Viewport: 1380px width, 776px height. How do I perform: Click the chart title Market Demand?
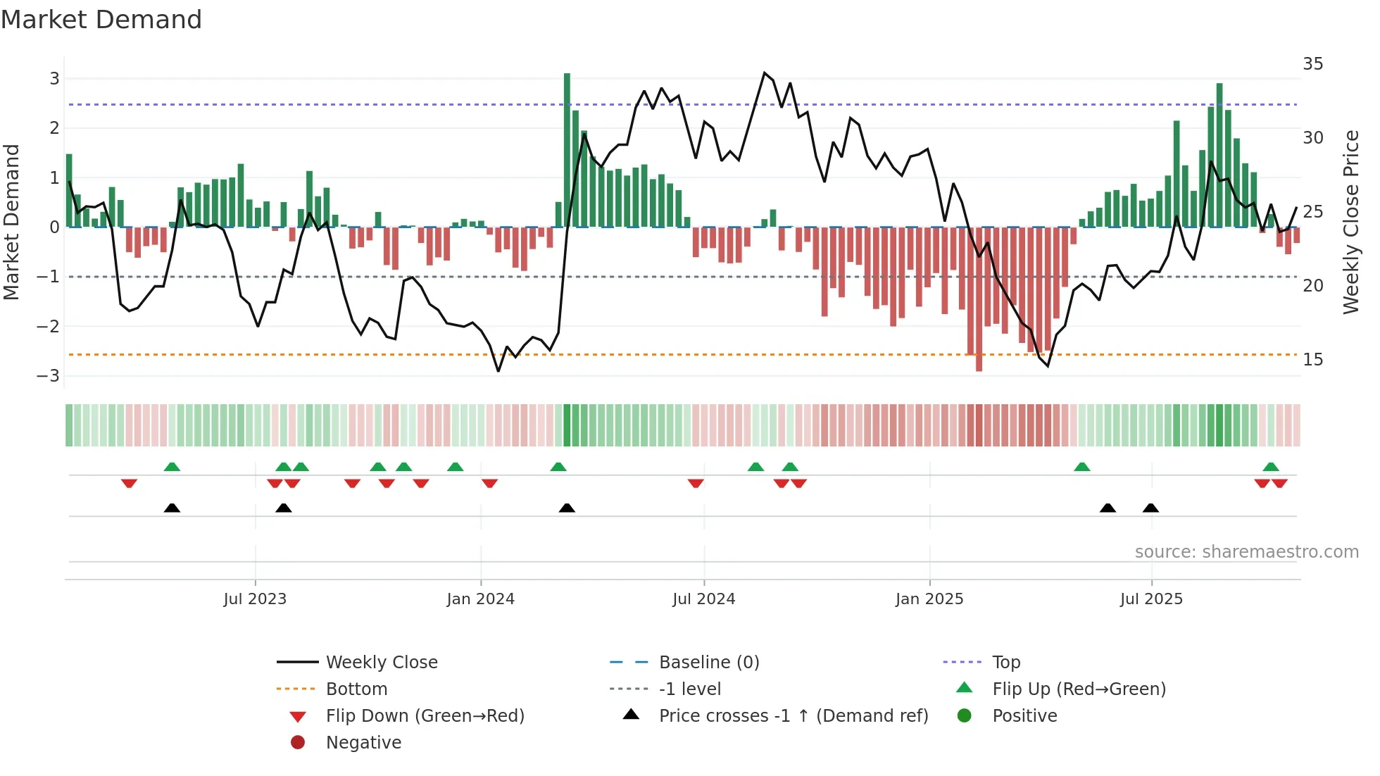pos(101,20)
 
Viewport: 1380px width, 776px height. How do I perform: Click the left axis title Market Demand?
pos(11,223)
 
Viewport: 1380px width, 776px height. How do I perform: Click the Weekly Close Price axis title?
pos(1350,223)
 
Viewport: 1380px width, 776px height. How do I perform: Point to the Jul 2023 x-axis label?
pos(255,599)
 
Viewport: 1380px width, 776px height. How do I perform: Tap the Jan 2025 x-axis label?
pos(929,599)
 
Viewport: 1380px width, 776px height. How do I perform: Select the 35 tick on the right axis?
pos(1312,64)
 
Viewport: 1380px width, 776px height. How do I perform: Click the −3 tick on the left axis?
pos(49,376)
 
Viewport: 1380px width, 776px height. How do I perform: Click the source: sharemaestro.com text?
pos(1246,552)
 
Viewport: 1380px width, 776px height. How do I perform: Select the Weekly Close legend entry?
pos(381,663)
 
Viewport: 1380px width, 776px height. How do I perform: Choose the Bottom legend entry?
pos(356,689)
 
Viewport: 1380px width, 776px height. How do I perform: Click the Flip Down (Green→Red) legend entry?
pos(425,716)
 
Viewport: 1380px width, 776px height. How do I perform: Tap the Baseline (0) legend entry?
pos(708,663)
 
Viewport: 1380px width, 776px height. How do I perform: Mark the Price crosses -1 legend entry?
pos(793,716)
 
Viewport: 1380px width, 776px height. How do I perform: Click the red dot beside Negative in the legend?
pos(298,743)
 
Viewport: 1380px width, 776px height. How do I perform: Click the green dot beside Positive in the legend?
pos(965,716)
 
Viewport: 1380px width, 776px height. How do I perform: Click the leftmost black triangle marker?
pos(172,508)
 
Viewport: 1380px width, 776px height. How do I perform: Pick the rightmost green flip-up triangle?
pos(1271,467)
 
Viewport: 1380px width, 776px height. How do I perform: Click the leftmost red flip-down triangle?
pos(129,484)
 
